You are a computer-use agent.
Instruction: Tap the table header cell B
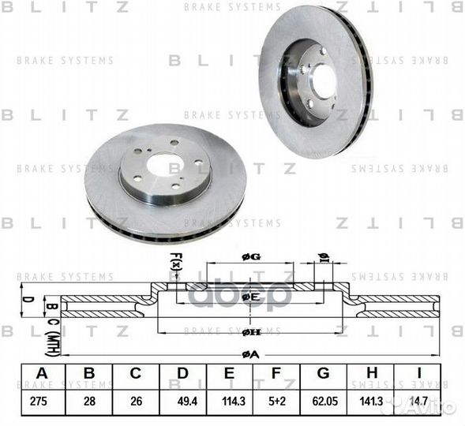coord(88,375)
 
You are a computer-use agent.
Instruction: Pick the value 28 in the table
coord(88,400)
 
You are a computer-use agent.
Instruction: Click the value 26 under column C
coord(135,400)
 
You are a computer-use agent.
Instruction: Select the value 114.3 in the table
coord(229,400)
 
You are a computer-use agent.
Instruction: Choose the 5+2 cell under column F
coord(276,400)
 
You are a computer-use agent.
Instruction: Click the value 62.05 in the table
coord(323,400)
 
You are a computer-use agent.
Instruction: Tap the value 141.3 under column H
coord(370,400)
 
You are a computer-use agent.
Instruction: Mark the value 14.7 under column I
coord(418,400)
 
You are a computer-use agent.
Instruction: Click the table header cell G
coord(323,375)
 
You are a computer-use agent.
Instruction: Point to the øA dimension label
coord(251,355)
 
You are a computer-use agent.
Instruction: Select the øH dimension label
coord(251,333)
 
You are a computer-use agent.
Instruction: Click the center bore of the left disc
coord(164,167)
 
